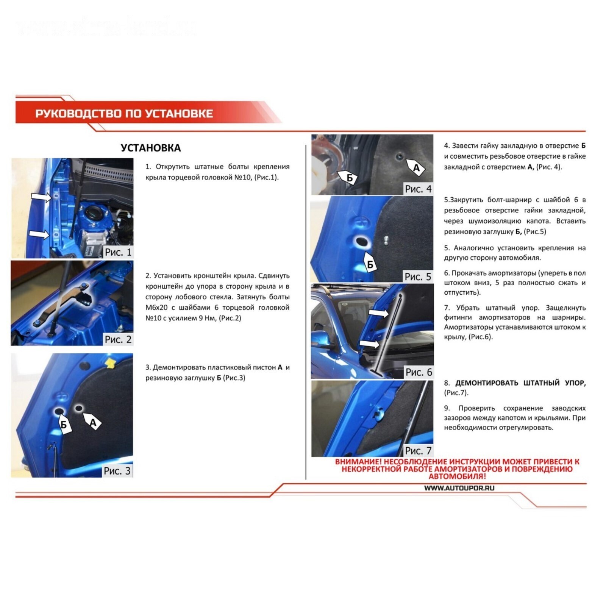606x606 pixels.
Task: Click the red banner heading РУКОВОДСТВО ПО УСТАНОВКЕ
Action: [124, 114]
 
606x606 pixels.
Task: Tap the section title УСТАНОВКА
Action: [151, 148]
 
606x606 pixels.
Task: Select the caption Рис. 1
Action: [118, 252]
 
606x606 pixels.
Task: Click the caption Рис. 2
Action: [118, 339]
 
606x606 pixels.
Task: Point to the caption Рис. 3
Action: [117, 471]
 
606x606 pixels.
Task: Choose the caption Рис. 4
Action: [418, 189]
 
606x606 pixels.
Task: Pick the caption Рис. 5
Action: [418, 276]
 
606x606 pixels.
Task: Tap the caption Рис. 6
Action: [419, 372]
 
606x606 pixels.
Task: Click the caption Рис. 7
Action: [418, 451]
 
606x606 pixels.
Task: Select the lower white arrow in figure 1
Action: [39, 234]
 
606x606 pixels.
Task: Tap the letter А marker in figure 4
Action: [415, 167]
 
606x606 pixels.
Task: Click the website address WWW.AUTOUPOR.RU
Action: [459, 488]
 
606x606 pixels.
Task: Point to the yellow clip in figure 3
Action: [110, 362]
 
